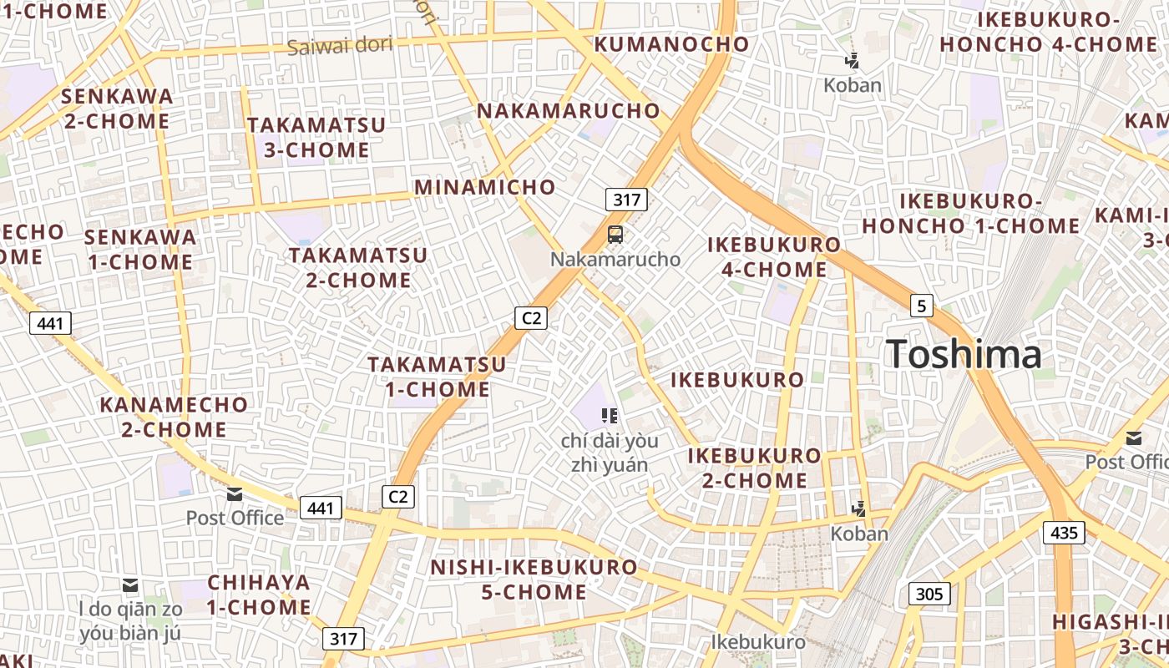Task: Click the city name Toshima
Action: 964,354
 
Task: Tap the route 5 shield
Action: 921,306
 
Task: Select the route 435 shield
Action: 1064,532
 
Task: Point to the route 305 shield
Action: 929,594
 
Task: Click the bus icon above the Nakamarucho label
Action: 615,235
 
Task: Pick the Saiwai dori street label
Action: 339,45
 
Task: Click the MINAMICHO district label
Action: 484,187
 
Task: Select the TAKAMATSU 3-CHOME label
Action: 316,138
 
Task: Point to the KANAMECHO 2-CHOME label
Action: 174,417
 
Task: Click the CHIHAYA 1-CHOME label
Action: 259,595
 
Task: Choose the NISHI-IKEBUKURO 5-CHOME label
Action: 534,579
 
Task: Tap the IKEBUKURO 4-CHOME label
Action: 774,257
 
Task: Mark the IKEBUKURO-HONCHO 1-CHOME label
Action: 971,214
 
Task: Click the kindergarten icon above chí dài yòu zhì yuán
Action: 609,415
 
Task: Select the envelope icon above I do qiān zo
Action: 130,584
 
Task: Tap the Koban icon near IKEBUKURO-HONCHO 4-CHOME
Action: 852,61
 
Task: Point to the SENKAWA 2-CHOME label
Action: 117,109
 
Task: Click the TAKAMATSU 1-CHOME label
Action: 437,377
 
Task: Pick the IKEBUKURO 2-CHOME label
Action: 754,468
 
